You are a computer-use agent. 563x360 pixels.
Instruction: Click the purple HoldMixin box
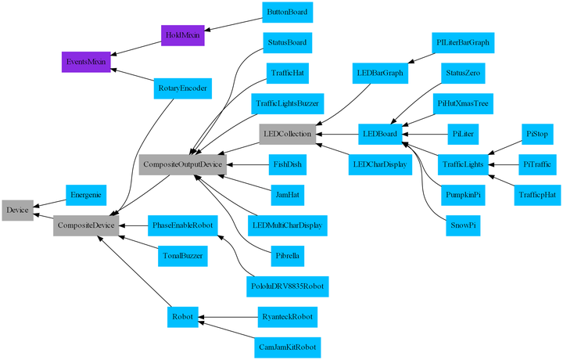point(182,35)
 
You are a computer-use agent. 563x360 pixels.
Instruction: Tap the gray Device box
point(17,210)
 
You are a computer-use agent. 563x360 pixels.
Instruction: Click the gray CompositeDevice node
point(86,226)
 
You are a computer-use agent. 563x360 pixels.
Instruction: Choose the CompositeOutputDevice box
point(182,164)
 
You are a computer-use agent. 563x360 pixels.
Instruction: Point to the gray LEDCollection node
point(288,134)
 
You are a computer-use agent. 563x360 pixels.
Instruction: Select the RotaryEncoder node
point(182,88)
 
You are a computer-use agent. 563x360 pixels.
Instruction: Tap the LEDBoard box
point(381,134)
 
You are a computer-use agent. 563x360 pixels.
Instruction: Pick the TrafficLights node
point(461,164)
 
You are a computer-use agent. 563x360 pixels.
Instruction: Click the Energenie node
point(86,194)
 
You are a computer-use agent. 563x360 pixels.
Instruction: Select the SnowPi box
point(461,225)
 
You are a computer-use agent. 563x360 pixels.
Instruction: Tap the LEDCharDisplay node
point(381,164)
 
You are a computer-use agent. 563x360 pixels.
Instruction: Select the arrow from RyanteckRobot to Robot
point(230,317)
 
